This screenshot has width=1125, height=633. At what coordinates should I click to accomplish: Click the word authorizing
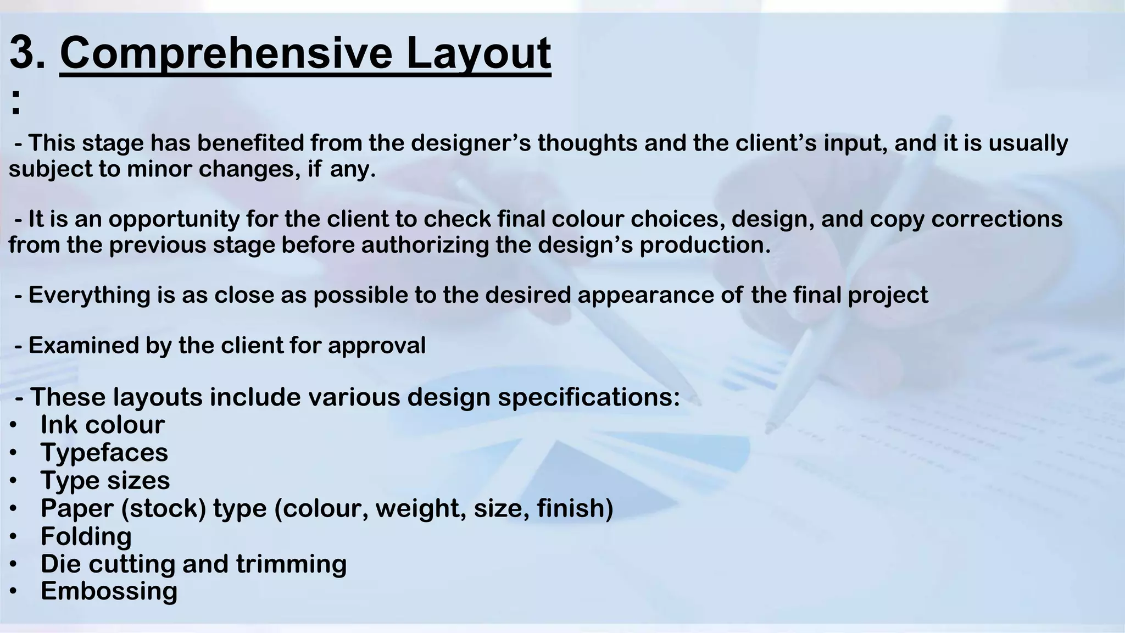[x=425, y=245]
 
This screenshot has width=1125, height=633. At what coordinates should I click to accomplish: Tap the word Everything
[x=90, y=295]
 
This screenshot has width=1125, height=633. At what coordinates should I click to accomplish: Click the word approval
[x=376, y=346]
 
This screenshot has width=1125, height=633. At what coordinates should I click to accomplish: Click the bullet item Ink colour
[x=102, y=425]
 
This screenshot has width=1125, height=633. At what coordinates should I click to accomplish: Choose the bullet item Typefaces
[x=104, y=453]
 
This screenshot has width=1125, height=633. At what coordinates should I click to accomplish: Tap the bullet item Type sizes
[x=105, y=480]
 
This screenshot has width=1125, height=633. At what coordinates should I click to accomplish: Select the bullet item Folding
[x=86, y=536]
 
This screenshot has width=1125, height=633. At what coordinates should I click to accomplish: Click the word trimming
[x=291, y=564]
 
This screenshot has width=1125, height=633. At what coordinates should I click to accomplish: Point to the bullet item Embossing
[x=109, y=591]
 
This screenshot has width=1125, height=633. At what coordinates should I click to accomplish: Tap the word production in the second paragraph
[x=705, y=245]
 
